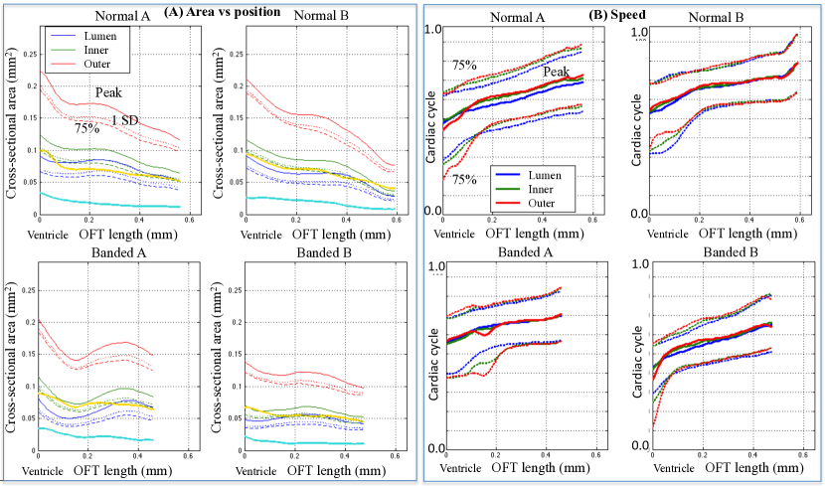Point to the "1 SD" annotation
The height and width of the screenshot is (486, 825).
coord(123,120)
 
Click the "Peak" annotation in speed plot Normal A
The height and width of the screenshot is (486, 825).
coord(557,72)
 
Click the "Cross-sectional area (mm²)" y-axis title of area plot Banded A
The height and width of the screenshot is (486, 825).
coord(9,364)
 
